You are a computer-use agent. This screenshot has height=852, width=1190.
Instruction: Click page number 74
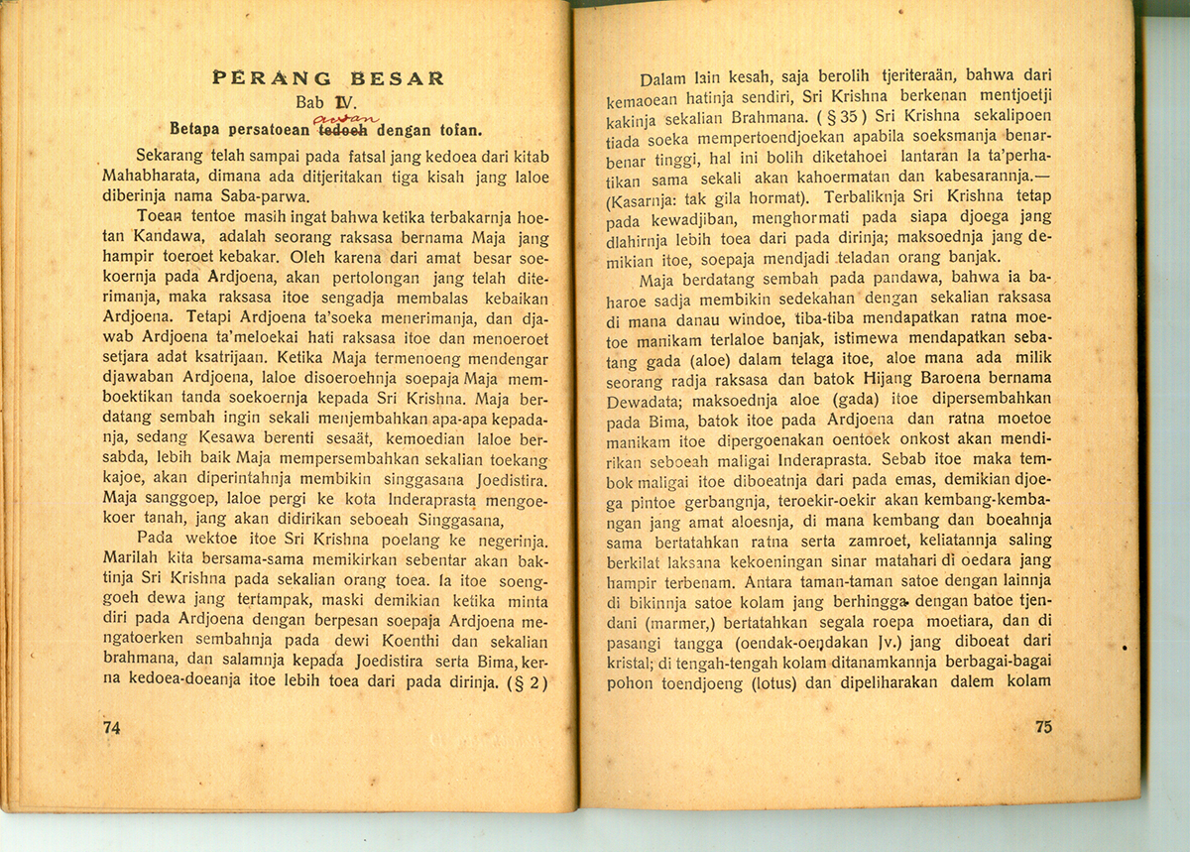click(111, 727)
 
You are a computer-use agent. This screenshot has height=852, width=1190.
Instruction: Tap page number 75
click(1042, 726)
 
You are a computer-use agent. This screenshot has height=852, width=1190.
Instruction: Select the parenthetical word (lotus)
click(787, 682)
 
